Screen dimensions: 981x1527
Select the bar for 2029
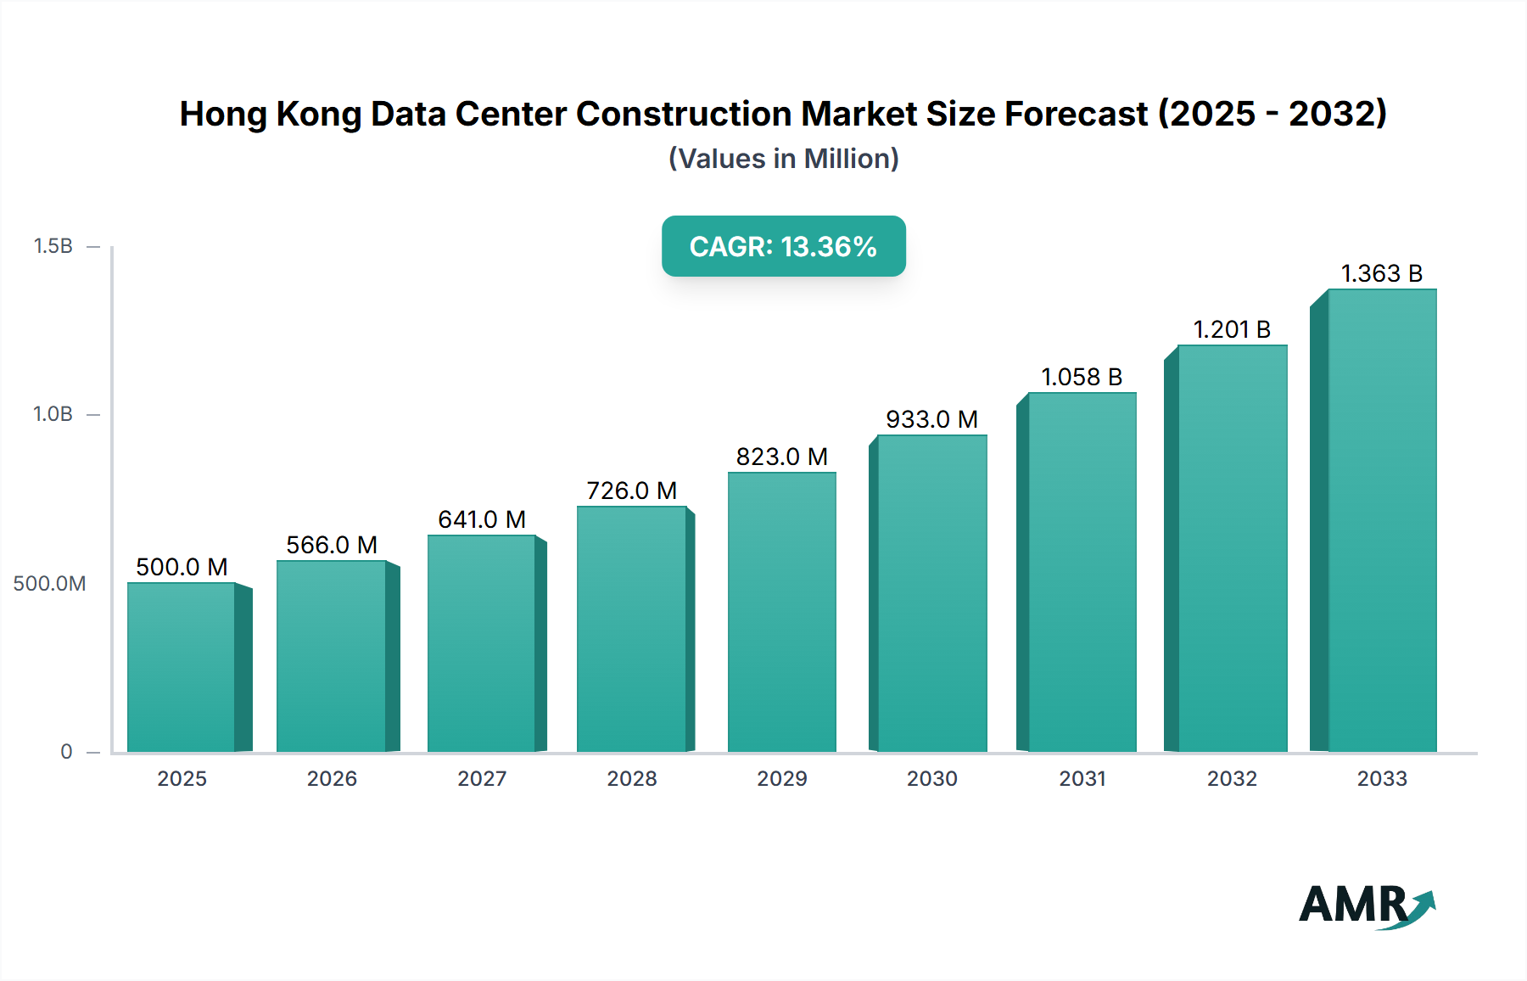click(x=781, y=612)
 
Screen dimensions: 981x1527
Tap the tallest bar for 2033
click(x=1382, y=520)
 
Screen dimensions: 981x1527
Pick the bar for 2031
click(x=1082, y=572)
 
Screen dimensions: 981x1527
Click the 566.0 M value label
click(x=332, y=545)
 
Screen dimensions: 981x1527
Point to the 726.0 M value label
click(x=632, y=490)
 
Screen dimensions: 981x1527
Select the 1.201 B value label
click(x=1232, y=329)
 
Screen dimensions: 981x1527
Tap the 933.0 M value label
click(x=931, y=419)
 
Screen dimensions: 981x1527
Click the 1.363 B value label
click(x=1381, y=273)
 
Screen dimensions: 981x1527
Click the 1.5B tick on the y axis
click(x=53, y=246)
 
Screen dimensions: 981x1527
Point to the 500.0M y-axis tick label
click(x=49, y=584)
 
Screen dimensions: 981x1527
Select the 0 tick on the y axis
click(x=66, y=752)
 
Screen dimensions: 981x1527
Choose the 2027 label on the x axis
click(x=482, y=779)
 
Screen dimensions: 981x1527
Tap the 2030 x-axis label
click(x=931, y=779)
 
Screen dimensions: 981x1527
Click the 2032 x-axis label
click(x=1232, y=779)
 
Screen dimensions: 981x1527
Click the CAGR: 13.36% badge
click(x=783, y=246)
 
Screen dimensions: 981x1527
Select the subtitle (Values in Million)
click(x=783, y=159)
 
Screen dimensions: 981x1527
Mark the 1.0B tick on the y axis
click(x=53, y=414)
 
